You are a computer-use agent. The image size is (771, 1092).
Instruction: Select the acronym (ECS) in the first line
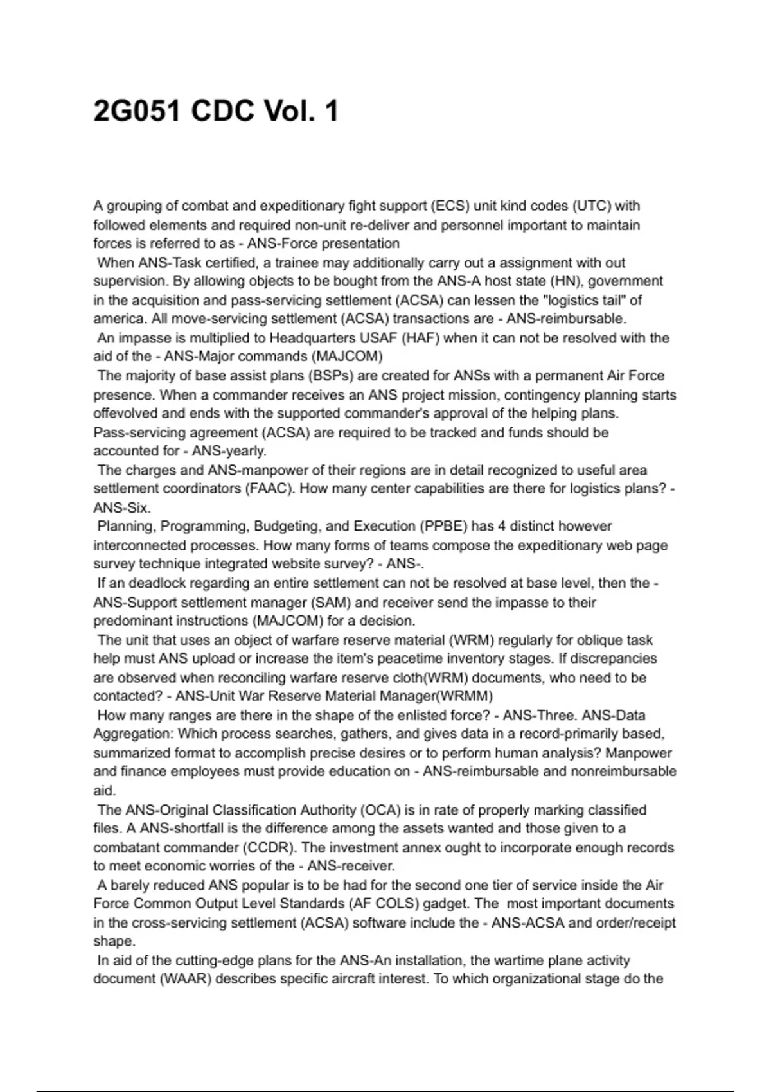click(x=450, y=206)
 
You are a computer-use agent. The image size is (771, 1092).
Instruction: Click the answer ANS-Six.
click(x=122, y=507)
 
